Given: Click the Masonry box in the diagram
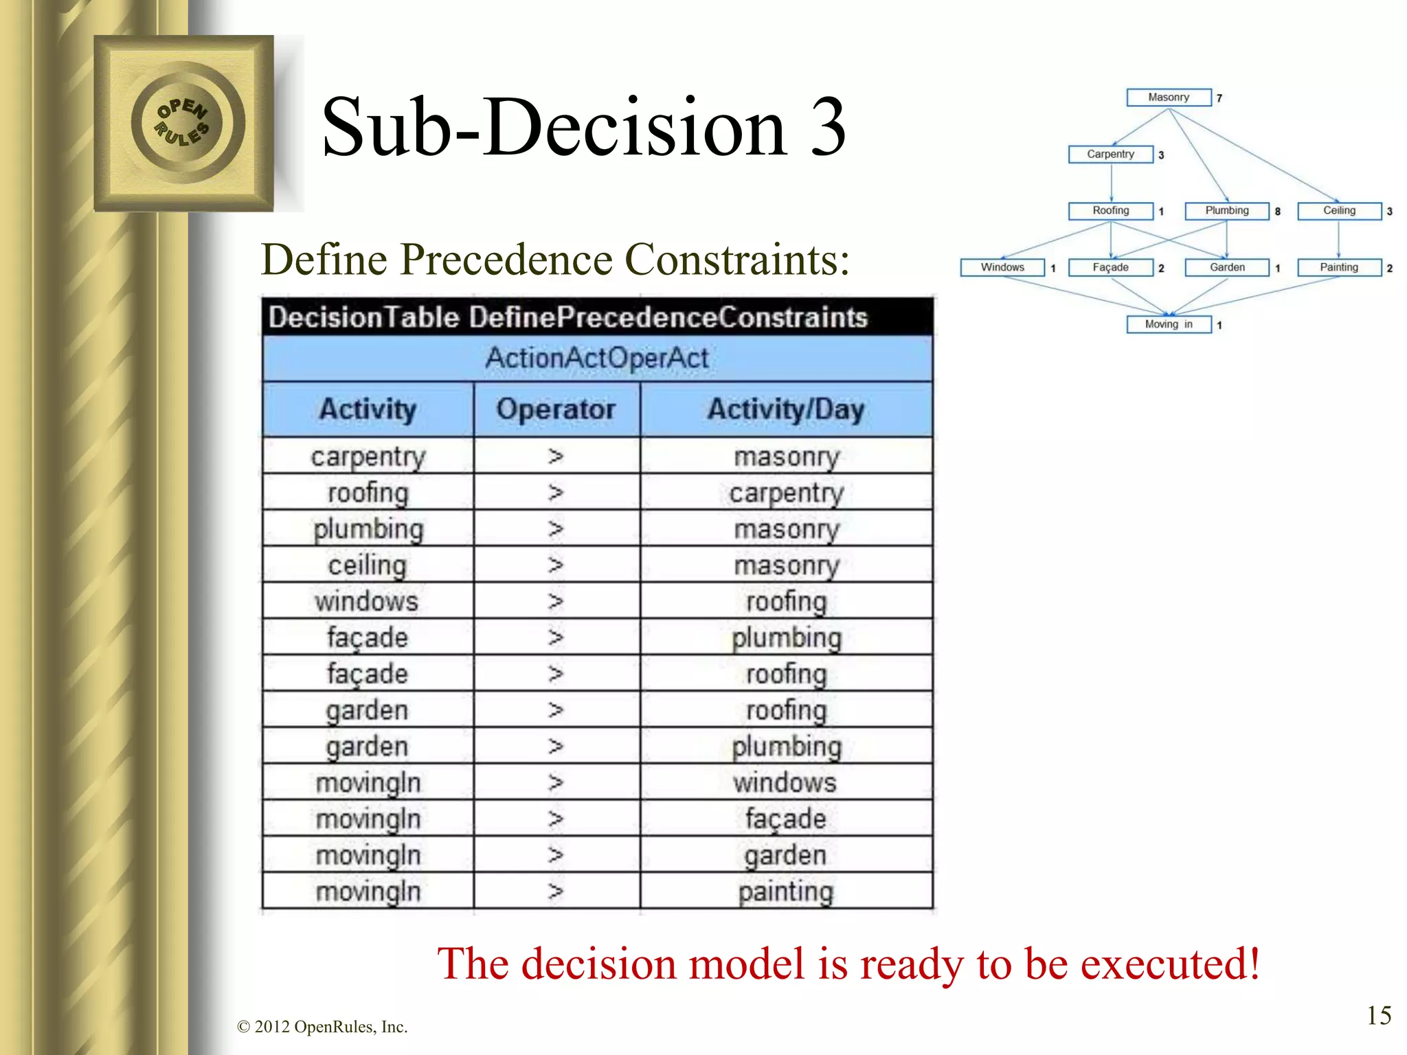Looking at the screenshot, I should (x=1168, y=98).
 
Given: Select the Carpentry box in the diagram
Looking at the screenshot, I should (x=1110, y=155).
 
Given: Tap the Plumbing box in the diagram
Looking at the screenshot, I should (x=1226, y=211).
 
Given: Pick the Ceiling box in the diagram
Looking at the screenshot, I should (x=1339, y=211).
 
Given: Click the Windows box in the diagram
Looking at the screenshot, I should (x=1002, y=267).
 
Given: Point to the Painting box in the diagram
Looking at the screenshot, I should (x=1339, y=267).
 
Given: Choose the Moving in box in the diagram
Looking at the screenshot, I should (x=1168, y=324).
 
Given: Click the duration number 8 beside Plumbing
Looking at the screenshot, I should (x=1278, y=212).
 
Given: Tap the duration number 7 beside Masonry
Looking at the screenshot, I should (x=1219, y=98).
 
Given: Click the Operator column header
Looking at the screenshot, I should (x=556, y=409).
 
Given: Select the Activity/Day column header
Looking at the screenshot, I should (x=786, y=409).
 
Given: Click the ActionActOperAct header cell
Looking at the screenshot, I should (x=597, y=358).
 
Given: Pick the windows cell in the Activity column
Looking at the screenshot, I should (x=367, y=602).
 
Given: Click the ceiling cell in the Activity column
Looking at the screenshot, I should (x=367, y=565).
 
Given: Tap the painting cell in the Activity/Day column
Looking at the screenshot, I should (x=786, y=892).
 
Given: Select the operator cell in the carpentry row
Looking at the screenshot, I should (x=556, y=456).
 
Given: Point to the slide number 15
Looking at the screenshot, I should (x=1379, y=1015).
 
